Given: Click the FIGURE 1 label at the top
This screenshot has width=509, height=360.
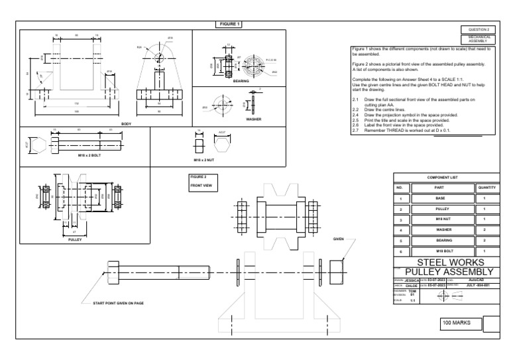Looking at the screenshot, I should pyautogui.click(x=229, y=25).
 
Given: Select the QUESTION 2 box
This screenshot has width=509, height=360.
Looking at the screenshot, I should pyautogui.click(x=478, y=30).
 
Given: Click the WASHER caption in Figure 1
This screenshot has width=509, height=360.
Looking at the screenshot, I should pyautogui.click(x=253, y=119).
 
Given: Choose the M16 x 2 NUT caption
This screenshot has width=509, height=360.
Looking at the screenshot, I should pyautogui.click(x=205, y=160).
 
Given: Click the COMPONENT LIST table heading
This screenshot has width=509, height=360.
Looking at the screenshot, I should pyautogui.click(x=441, y=178).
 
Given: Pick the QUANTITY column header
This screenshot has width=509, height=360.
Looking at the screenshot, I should pyautogui.click(x=486, y=188).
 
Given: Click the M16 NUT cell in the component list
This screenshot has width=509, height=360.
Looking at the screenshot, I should pyautogui.click(x=440, y=218).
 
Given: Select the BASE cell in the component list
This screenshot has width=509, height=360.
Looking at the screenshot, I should pyautogui.click(x=440, y=198).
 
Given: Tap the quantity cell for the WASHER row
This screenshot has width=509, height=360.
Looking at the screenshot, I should pyautogui.click(x=486, y=229).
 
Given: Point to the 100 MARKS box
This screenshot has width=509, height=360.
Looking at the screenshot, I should pyautogui.click(x=458, y=322).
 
